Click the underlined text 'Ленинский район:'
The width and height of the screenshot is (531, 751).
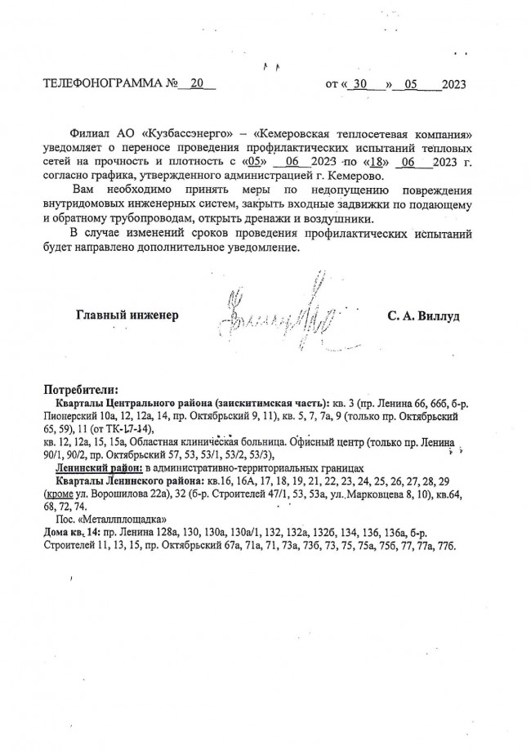(x=99, y=467)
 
